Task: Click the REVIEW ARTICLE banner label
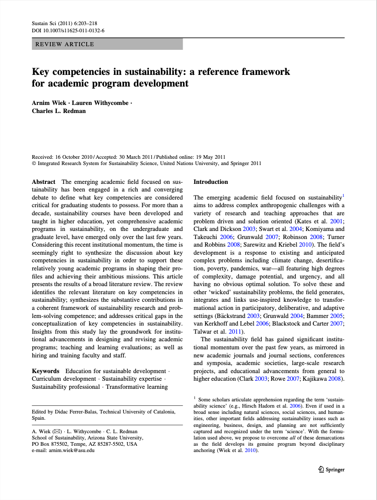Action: (x=65, y=44)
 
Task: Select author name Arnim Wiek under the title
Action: (x=48, y=103)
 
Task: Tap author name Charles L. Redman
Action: (x=58, y=111)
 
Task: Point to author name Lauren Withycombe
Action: (x=102, y=103)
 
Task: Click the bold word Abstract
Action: (x=44, y=182)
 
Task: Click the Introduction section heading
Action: (x=210, y=182)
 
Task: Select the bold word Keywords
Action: (x=45, y=371)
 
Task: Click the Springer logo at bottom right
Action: (x=331, y=470)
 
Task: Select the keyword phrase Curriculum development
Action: (x=65, y=379)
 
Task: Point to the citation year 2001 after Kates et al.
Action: (x=338, y=222)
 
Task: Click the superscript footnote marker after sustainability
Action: (x=343, y=196)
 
